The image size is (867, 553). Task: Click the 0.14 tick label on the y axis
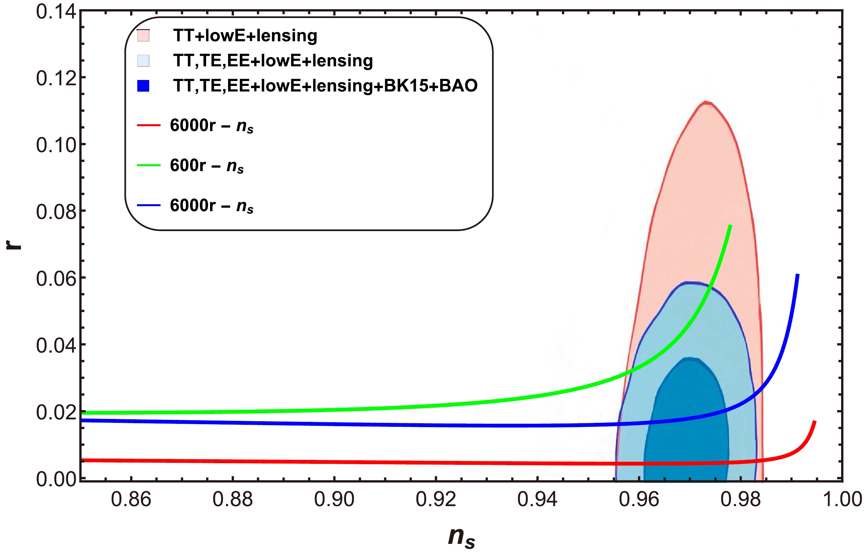(x=56, y=11)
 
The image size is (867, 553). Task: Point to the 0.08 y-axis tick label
(x=56, y=211)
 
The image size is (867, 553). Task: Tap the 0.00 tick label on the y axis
(x=56, y=479)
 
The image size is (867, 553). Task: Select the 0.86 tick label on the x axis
(x=131, y=499)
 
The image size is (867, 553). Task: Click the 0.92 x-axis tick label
(x=436, y=499)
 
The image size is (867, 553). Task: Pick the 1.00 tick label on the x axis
(x=842, y=499)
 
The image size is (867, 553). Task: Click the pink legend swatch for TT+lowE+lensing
(x=143, y=36)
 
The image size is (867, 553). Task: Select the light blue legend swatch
(x=143, y=61)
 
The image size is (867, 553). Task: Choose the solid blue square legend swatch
(x=143, y=86)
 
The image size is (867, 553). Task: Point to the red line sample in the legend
(x=148, y=125)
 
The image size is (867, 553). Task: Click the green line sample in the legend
(x=148, y=165)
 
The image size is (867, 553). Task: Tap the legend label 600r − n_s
(x=207, y=166)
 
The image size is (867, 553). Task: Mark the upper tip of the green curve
(x=730, y=226)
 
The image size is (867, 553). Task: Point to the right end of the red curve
(x=815, y=421)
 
